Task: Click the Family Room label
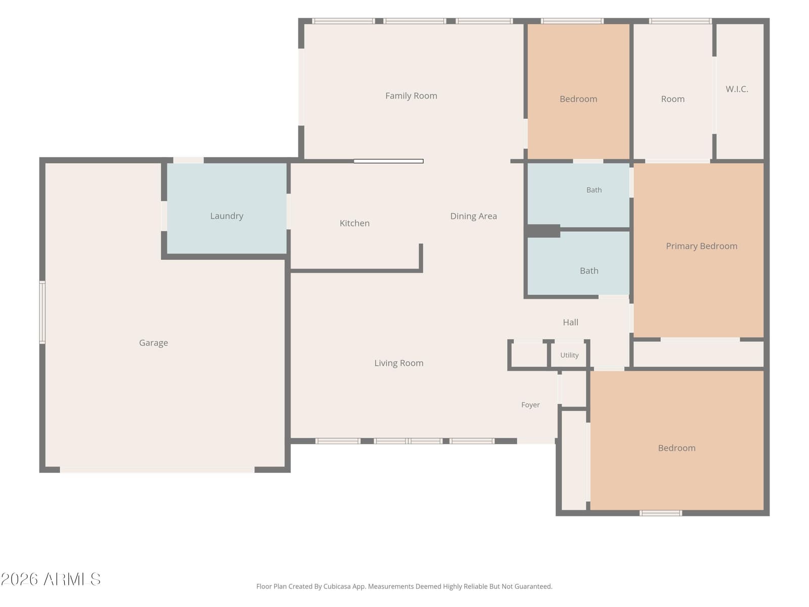(x=411, y=96)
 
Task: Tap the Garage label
(x=153, y=343)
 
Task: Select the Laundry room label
(x=227, y=216)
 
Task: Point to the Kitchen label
(x=354, y=223)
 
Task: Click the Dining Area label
(x=474, y=216)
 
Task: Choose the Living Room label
(x=399, y=363)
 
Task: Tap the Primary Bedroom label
(x=701, y=246)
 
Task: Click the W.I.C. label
(x=737, y=89)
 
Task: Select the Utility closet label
(x=569, y=355)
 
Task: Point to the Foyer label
(x=530, y=405)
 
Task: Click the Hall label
(x=570, y=323)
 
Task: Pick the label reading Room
(x=672, y=99)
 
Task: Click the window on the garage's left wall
(x=42, y=312)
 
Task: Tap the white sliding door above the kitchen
(x=388, y=161)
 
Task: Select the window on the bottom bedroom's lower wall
(x=660, y=513)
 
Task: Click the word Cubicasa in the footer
(x=337, y=586)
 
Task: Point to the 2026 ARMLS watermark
(x=51, y=580)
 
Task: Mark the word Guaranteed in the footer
(x=534, y=586)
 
